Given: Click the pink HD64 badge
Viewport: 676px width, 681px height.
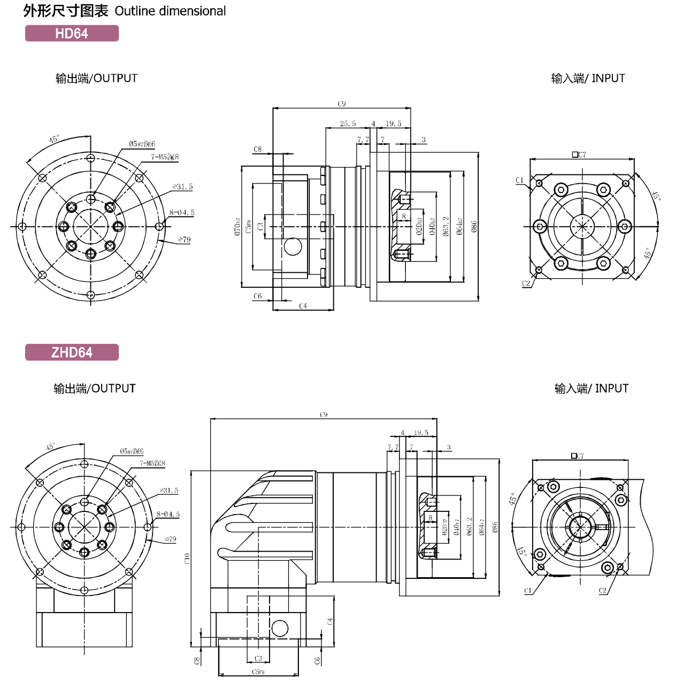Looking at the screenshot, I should (x=72, y=33).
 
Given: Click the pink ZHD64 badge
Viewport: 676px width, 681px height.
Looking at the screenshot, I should (x=72, y=353).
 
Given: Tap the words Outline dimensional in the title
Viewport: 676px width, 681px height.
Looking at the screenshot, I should (x=170, y=11).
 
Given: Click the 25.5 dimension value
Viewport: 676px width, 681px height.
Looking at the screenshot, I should (x=348, y=124).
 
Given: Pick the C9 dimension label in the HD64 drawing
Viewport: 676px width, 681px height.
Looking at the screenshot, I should (x=342, y=104).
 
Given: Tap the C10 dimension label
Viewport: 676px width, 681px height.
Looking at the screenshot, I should (x=187, y=558).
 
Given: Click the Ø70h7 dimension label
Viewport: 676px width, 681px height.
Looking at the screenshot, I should (x=237, y=227).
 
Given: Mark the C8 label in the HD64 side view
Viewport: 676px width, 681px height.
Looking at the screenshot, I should (x=258, y=149).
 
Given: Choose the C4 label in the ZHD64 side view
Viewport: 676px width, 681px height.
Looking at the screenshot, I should (x=330, y=621).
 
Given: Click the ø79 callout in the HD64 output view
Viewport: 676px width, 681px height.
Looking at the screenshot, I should (x=185, y=240).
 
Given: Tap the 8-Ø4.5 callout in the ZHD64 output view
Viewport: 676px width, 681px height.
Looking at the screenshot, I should (x=168, y=514).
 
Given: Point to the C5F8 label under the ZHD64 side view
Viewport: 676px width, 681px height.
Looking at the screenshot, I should (x=258, y=672).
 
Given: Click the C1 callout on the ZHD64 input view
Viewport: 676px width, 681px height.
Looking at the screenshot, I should (x=528, y=591).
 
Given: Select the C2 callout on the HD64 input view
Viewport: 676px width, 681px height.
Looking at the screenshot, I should (x=526, y=284).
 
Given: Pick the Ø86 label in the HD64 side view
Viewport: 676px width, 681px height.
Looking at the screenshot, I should (x=474, y=226).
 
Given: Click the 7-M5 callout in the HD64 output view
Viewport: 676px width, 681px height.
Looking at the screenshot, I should (x=165, y=157).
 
